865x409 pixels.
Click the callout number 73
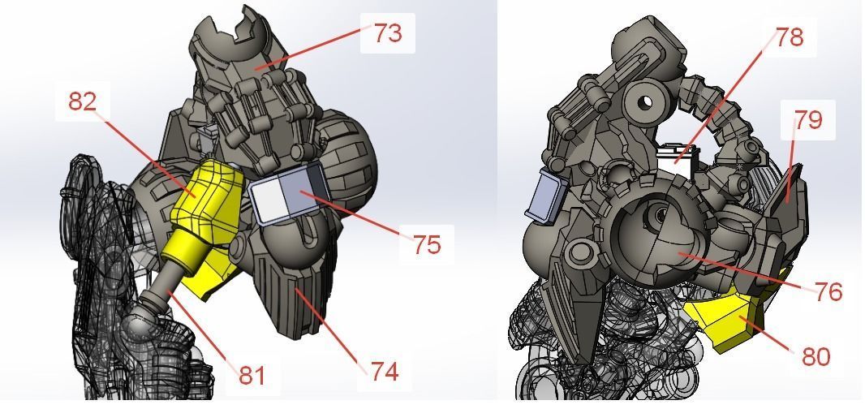(x=387, y=34)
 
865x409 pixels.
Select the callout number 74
(x=385, y=372)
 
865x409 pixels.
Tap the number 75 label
(x=427, y=244)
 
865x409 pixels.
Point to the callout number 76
(x=828, y=291)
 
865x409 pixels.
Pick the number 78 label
(x=789, y=37)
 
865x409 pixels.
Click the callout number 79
(x=808, y=119)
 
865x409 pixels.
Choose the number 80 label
(x=815, y=355)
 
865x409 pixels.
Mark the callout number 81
(x=252, y=374)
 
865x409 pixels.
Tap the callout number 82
(x=83, y=101)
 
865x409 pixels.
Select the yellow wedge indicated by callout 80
(x=726, y=321)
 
